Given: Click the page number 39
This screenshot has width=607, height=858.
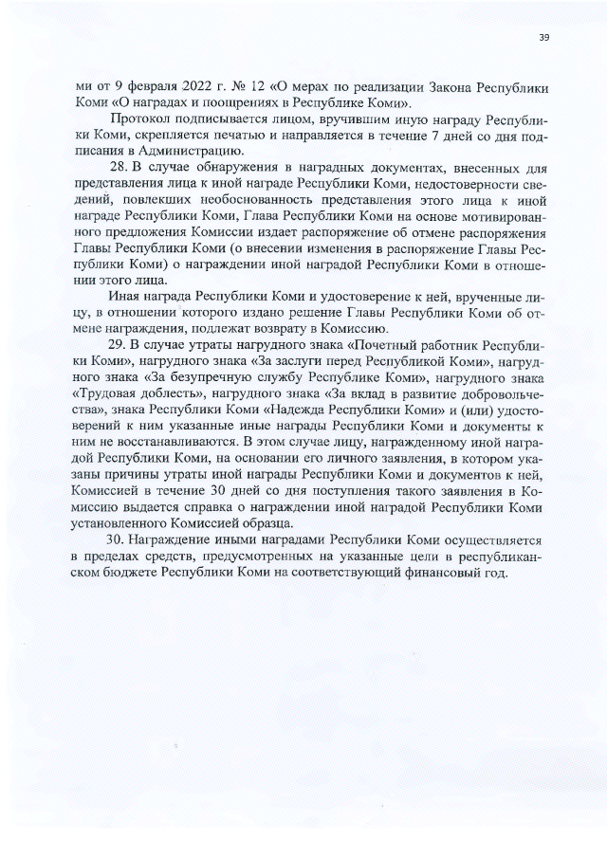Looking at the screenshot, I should (x=543, y=38).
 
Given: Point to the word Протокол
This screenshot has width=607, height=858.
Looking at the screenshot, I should (x=141, y=119).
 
